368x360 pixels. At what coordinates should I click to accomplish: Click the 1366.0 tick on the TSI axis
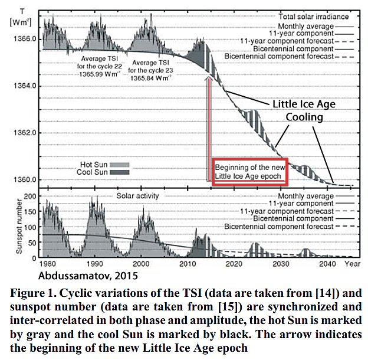26,38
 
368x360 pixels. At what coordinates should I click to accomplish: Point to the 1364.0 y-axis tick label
26,86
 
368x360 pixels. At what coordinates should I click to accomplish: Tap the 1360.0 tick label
26,179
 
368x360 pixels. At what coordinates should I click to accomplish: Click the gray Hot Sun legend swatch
120,165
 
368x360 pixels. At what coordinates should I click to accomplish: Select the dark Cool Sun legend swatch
120,173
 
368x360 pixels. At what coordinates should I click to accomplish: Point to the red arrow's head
207,77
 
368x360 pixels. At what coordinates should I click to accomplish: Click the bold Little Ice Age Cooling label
303,110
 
